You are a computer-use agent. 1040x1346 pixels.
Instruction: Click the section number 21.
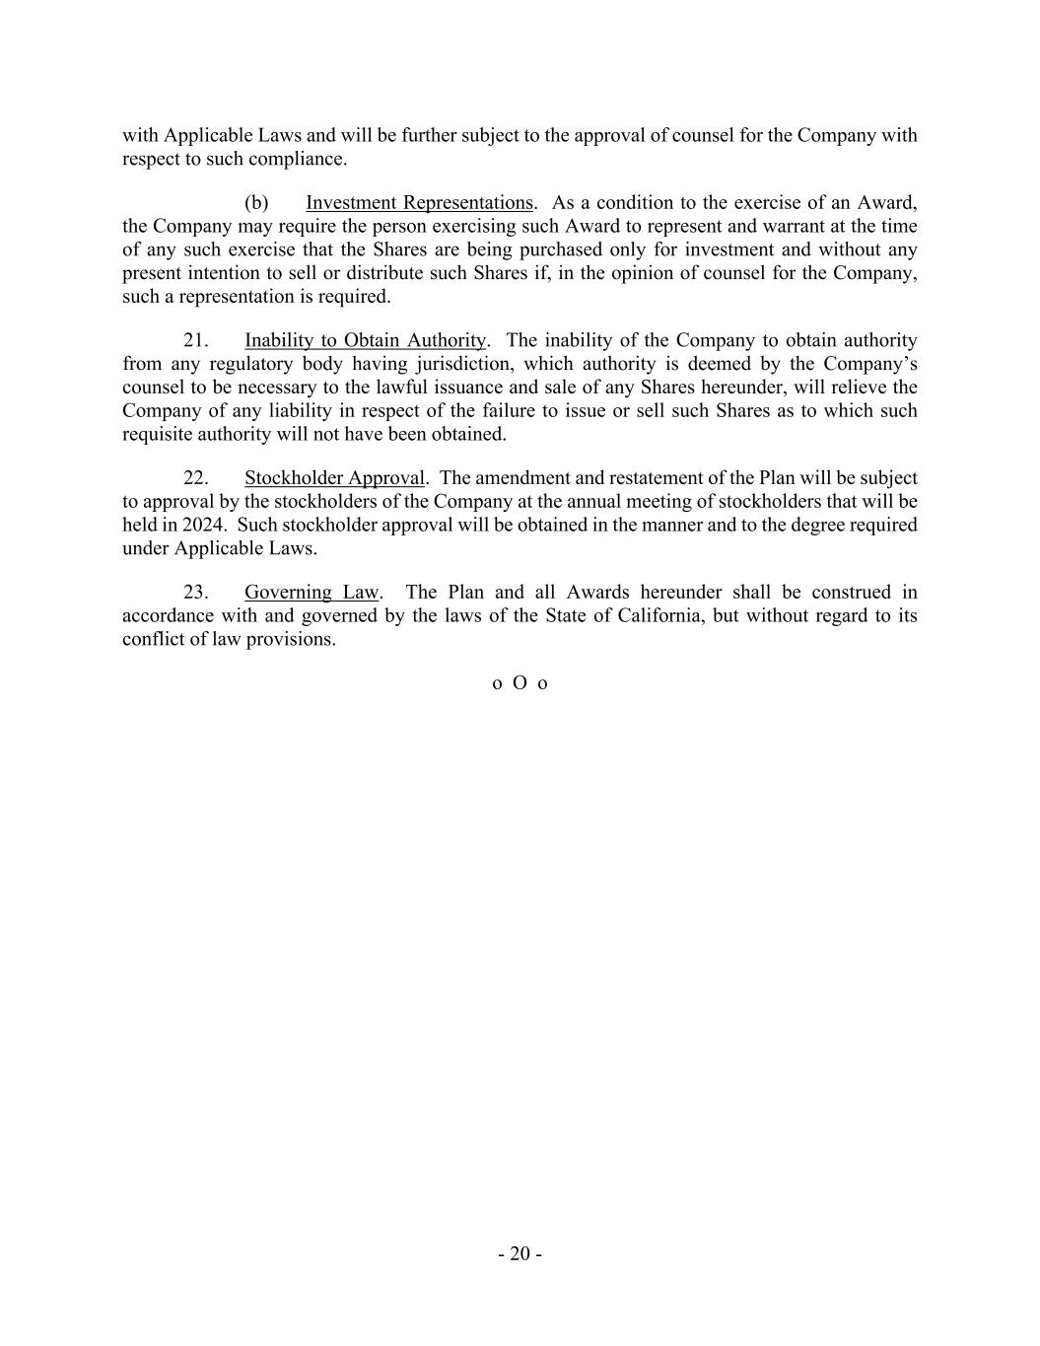[195, 340]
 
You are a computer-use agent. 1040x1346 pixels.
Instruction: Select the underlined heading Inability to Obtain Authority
[365, 340]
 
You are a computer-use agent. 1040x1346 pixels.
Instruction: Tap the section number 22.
[195, 478]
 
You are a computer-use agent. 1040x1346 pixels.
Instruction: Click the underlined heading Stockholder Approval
[334, 478]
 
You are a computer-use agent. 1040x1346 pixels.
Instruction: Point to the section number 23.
[195, 593]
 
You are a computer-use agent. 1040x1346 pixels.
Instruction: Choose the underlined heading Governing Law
[311, 593]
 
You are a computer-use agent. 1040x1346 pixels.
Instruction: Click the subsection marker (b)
[256, 203]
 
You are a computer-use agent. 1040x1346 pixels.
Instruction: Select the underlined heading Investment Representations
[419, 203]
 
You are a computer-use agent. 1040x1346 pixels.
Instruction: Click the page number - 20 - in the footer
[520, 1254]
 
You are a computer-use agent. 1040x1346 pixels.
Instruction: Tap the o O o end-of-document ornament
[520, 683]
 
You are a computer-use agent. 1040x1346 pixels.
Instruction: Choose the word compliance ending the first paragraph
[297, 159]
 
